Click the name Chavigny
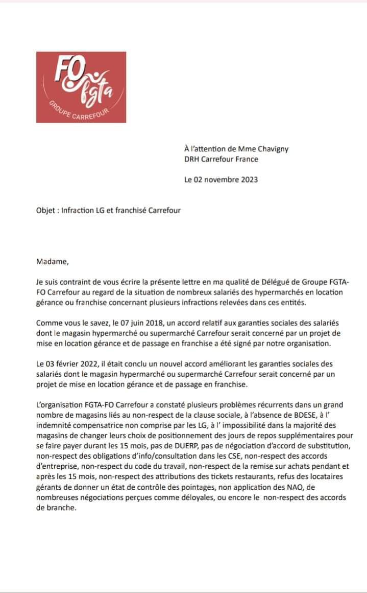click(x=274, y=149)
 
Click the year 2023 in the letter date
click(x=248, y=179)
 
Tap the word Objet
click(x=46, y=210)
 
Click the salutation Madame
click(x=52, y=262)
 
